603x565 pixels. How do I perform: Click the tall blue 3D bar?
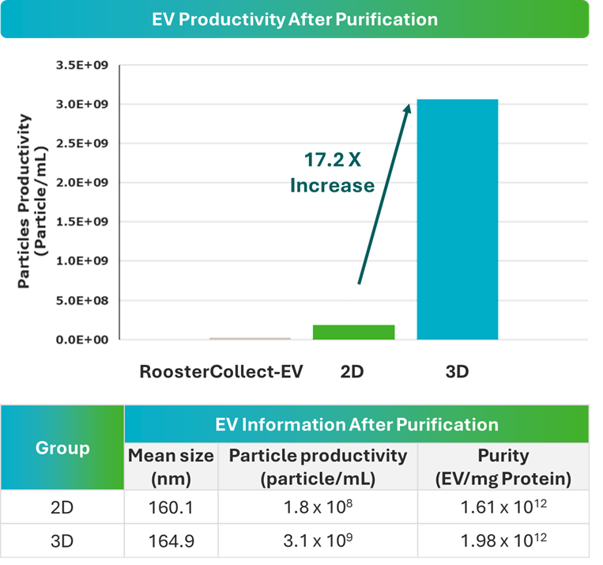458,219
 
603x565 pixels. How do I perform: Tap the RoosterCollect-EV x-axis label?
221,370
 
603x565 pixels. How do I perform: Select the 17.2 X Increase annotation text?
332,173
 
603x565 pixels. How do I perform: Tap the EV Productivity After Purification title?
295,19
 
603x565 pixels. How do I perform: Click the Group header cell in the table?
62,448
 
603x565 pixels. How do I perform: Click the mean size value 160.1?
171,508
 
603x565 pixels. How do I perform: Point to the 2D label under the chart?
352,370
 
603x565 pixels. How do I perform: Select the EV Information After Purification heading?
356,424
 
